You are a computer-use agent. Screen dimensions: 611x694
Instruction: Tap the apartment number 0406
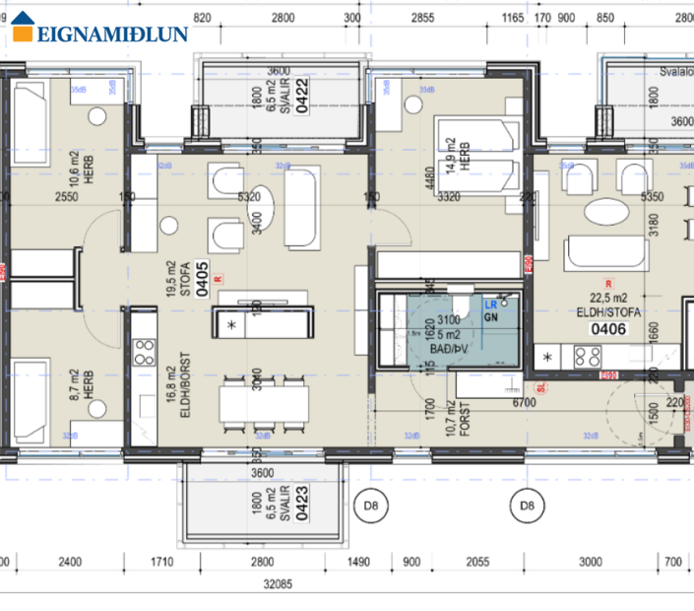pos(608,329)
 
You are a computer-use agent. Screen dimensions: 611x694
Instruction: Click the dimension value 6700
pos(523,403)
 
